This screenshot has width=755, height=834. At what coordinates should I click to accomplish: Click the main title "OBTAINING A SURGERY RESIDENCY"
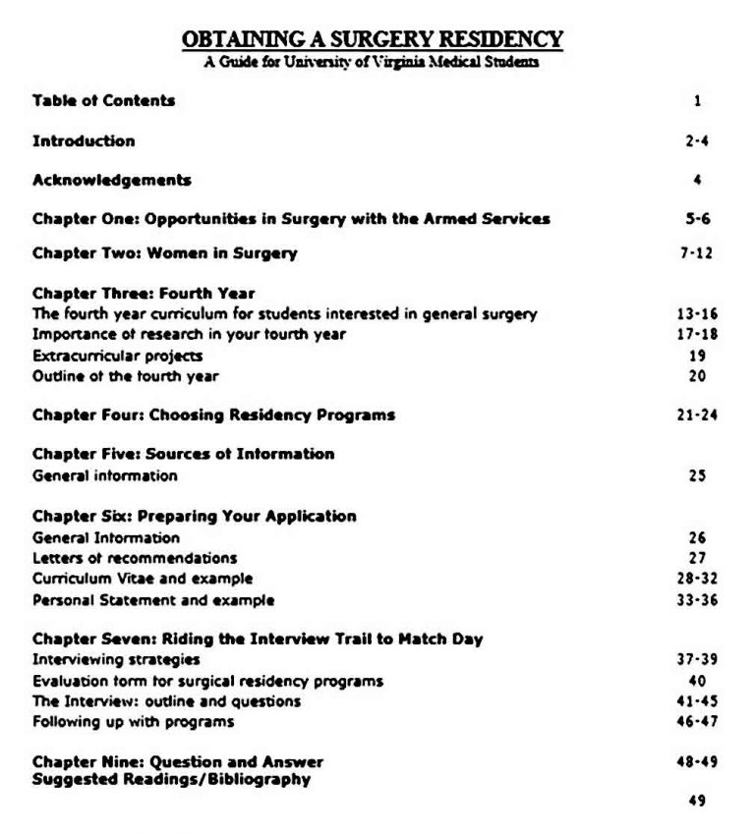[x=373, y=40]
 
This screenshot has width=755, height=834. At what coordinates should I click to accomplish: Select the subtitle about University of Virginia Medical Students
[x=373, y=62]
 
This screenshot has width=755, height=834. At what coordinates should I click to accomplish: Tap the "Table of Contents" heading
[x=103, y=100]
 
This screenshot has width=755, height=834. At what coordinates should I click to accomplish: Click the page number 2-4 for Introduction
[x=697, y=141]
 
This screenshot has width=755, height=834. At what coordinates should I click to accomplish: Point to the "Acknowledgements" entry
[x=111, y=180]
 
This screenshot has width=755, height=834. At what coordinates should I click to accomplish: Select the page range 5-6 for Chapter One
[x=697, y=219]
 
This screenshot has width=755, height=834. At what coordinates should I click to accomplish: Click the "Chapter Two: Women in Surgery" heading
[x=164, y=253]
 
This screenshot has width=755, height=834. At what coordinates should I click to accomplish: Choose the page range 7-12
[x=696, y=253]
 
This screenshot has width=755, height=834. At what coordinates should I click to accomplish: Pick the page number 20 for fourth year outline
[x=697, y=375]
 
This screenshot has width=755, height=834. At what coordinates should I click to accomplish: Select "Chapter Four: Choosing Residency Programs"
[x=213, y=415]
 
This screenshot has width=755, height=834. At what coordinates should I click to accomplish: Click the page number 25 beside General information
[x=697, y=475]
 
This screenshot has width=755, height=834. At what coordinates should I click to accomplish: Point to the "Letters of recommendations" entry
[x=135, y=558]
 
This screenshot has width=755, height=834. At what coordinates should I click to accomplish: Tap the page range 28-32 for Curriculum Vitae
[x=697, y=579]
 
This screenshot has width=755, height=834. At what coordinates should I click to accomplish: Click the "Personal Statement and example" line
[x=153, y=599]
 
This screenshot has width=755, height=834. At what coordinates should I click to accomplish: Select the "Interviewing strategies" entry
[x=116, y=659]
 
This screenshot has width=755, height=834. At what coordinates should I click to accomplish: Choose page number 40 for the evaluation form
[x=697, y=680]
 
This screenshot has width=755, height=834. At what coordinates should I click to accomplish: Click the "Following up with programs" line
[x=133, y=722]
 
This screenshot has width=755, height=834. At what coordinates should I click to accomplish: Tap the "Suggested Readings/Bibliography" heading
[x=171, y=780]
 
